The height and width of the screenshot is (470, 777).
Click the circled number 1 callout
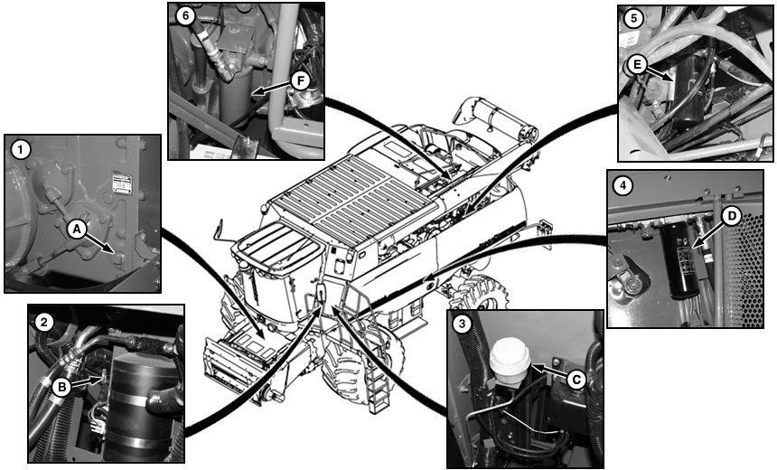(20, 149)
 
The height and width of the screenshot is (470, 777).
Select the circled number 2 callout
(44, 323)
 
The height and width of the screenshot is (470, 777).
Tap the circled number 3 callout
(463, 324)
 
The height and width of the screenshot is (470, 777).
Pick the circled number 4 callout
(623, 186)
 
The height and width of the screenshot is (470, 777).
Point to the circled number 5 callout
(633, 19)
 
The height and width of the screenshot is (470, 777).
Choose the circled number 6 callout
(185, 15)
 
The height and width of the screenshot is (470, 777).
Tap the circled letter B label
(61, 387)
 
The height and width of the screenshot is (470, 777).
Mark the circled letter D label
(732, 216)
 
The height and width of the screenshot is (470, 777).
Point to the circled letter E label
(637, 64)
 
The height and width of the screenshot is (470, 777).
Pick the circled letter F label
(301, 80)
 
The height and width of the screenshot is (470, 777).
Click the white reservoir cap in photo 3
(510, 353)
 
